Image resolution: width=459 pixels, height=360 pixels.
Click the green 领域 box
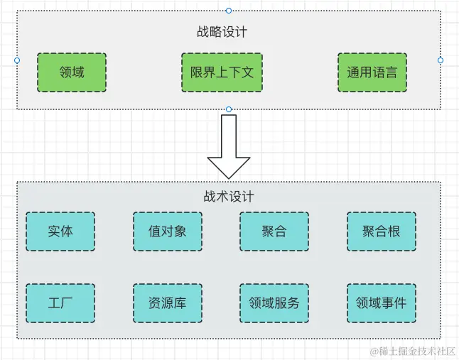pos(72,72)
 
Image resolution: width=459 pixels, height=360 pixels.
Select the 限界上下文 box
pos(222,72)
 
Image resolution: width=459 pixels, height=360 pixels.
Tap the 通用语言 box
pos(372,72)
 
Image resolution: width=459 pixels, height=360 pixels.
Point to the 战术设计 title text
pos(229,196)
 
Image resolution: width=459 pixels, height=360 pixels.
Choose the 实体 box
pos(60,231)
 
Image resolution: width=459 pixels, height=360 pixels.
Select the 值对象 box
pos(168,231)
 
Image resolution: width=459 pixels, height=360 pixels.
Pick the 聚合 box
pos(274,231)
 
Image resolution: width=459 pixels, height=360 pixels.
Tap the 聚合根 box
pos(381,231)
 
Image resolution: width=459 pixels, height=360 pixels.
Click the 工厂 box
pos(60,302)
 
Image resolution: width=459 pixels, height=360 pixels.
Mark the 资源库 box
pos(168,302)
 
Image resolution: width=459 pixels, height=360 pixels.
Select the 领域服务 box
pos(274,302)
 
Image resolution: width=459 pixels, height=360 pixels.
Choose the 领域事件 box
pos(381,302)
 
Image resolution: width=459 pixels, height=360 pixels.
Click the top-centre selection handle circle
pos(228,11)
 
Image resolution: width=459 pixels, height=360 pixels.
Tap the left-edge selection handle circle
pos(17,60)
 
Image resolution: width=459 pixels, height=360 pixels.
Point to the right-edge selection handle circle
pos(441,60)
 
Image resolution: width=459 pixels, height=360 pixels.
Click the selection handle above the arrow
pos(229,109)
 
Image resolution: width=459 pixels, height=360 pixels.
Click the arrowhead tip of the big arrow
pos(229,176)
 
